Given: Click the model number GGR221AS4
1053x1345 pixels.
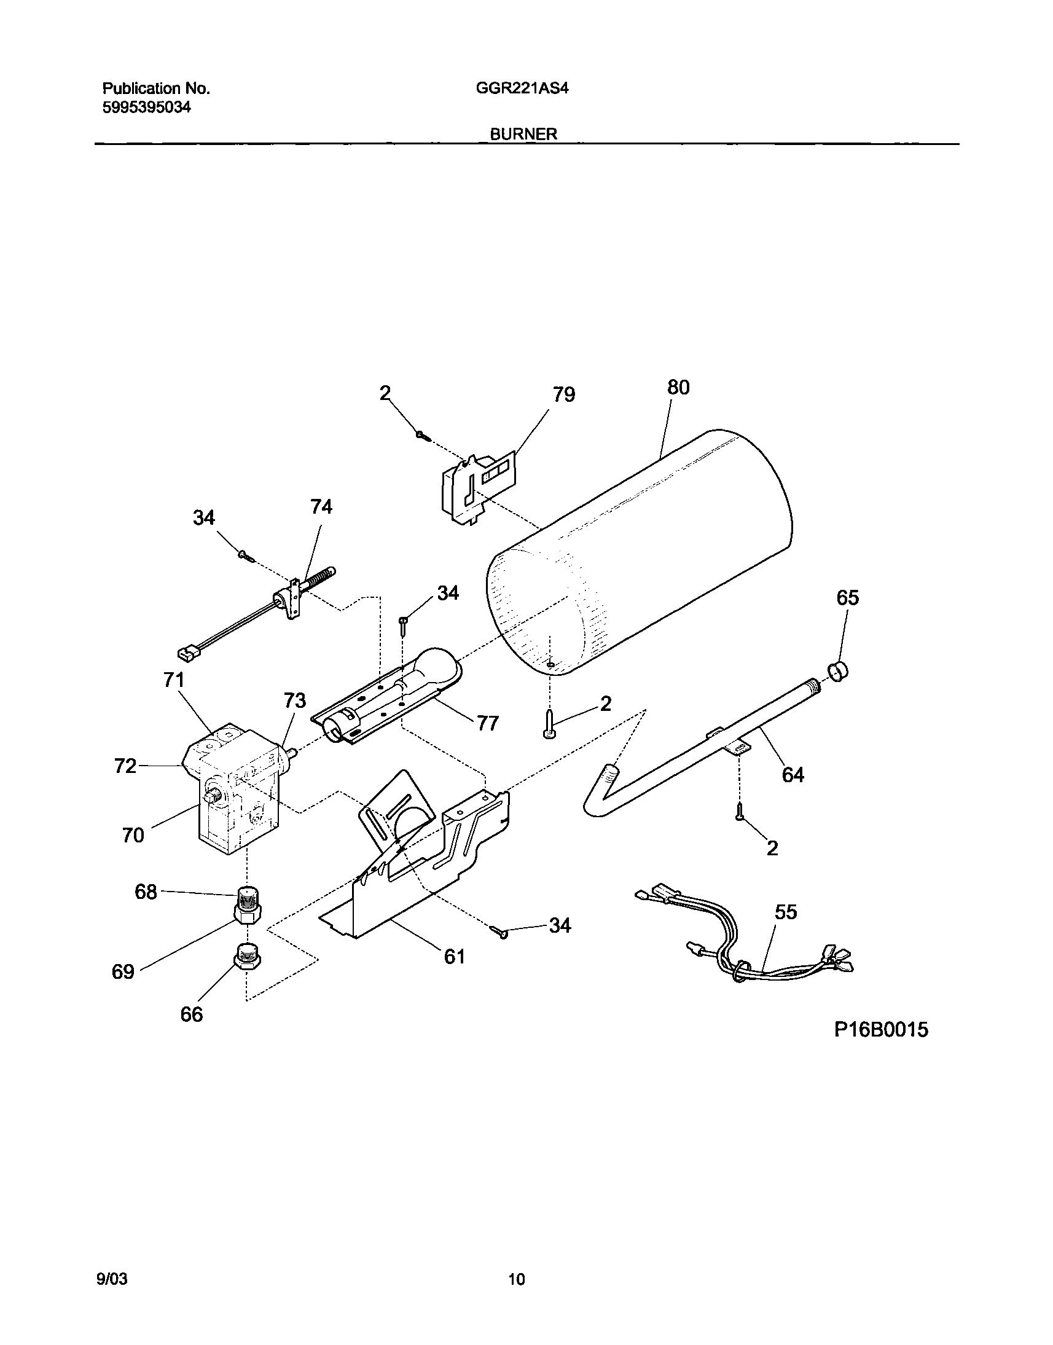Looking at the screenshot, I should pyautogui.click(x=522, y=88).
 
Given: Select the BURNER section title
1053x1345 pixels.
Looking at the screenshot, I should pyautogui.click(x=523, y=134).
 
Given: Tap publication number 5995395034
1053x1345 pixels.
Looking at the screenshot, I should pyautogui.click(x=146, y=108).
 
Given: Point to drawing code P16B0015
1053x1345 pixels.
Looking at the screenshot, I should pyautogui.click(x=881, y=1029).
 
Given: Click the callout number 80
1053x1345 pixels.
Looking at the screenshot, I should pyautogui.click(x=678, y=387).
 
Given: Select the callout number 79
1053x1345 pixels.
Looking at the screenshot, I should pyautogui.click(x=563, y=394).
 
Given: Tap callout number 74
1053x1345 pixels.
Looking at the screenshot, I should pyautogui.click(x=321, y=507).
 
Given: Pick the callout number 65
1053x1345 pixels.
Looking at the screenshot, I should pyautogui.click(x=847, y=598).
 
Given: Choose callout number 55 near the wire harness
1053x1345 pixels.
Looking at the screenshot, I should pyautogui.click(x=786, y=911).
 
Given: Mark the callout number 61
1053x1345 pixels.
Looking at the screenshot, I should pyautogui.click(x=455, y=957).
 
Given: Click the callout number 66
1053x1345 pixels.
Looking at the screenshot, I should pyautogui.click(x=192, y=1014).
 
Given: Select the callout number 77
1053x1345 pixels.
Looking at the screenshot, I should pyautogui.click(x=487, y=723).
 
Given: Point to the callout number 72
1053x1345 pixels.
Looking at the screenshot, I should pyautogui.click(x=125, y=766).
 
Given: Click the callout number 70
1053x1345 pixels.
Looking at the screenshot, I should pyautogui.click(x=133, y=835).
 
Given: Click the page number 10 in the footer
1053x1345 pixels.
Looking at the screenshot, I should pyautogui.click(x=517, y=1279).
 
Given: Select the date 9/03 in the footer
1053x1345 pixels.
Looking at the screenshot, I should pyautogui.click(x=112, y=1279).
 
